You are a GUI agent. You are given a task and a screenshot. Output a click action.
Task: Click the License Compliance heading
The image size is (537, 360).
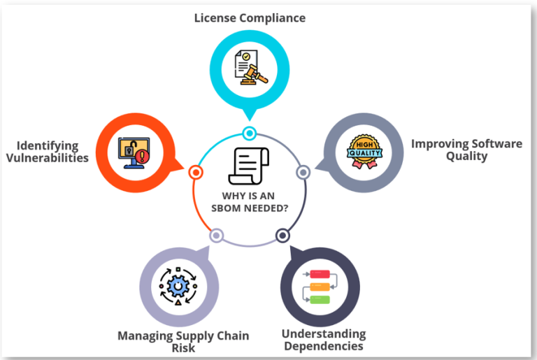click(250, 17)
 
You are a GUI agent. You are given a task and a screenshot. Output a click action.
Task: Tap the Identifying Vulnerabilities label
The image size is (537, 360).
click(48, 152)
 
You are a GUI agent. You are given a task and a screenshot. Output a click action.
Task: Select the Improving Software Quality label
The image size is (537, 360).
click(466, 150)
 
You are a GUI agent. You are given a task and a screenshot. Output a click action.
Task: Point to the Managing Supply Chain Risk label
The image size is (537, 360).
click(183, 342)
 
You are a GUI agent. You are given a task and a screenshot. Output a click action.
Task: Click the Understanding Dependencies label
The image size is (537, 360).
click(323, 340)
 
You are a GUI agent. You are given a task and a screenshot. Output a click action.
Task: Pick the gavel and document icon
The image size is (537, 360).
click(249, 67)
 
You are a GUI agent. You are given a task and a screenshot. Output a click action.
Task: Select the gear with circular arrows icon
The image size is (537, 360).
click(179, 286)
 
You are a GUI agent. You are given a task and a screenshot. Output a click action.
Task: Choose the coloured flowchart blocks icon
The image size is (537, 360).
click(320, 287)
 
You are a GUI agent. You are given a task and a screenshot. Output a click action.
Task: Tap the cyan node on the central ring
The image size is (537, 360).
click(249, 133)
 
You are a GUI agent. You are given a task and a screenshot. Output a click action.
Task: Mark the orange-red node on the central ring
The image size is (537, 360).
click(196, 172)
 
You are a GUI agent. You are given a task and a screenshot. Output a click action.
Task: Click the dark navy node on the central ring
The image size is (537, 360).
click(282, 236)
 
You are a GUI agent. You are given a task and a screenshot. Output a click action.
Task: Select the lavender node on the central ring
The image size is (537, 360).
click(217, 236)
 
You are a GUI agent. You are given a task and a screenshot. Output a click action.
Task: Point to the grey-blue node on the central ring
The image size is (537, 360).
click(303, 172)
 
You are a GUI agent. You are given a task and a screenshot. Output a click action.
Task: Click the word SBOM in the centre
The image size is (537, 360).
click(228, 208)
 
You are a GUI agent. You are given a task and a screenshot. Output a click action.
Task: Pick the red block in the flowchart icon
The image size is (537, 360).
click(320, 273)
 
